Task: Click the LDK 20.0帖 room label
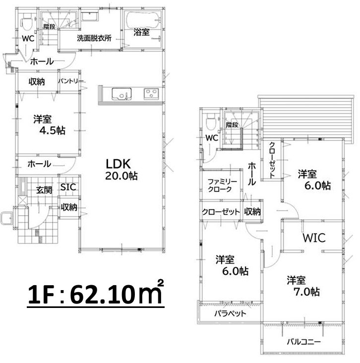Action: click(121, 170)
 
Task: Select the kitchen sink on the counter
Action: click(121, 94)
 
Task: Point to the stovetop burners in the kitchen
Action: click(151, 94)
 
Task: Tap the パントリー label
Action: click(70, 81)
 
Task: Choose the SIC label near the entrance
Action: click(68, 187)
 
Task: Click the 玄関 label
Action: click(44, 190)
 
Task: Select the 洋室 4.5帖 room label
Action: click(49, 125)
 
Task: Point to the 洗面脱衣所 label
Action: click(94, 38)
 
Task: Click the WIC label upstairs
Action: click(314, 238)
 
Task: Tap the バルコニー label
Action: click(304, 342)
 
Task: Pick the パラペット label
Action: click(230, 313)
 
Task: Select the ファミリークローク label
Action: click(222, 185)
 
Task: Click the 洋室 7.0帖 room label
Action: click(303, 286)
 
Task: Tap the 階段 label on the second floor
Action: click(232, 125)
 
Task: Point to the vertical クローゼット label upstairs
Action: click(272, 160)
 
